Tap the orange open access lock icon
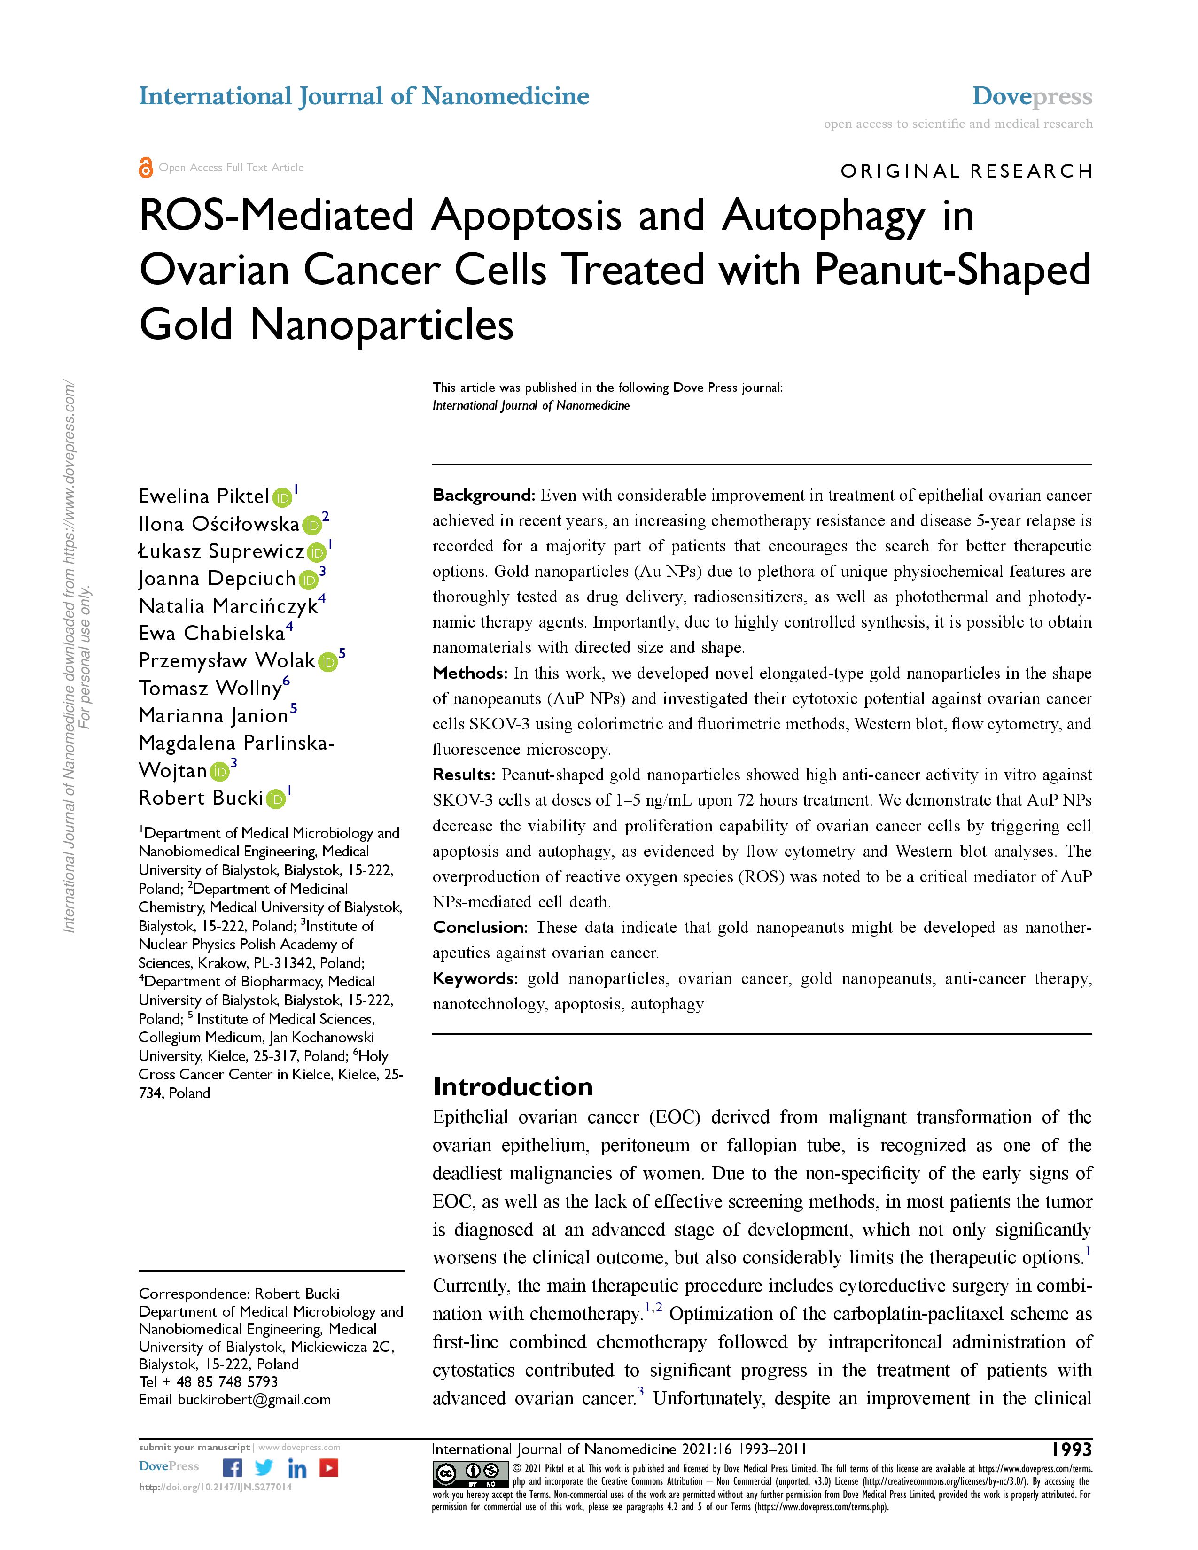146,168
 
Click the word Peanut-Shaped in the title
952,271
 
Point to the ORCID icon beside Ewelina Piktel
282,497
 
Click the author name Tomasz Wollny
210,689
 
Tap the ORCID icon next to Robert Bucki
276,799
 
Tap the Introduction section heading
513,1086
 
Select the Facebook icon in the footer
232,1468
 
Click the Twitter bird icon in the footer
264,1468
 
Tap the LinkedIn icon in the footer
296,1468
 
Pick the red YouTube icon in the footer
328,1468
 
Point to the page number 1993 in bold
1072,1449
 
